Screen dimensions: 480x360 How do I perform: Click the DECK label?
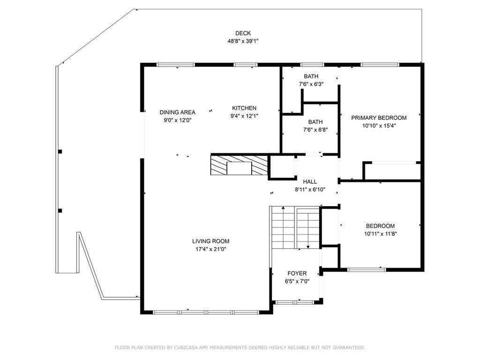(243, 33)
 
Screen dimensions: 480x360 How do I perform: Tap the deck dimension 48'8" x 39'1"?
(243, 41)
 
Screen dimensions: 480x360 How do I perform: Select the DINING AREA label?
(178, 112)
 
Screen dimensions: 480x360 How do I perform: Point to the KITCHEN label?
(244, 108)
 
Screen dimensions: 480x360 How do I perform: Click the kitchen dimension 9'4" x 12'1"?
(244, 116)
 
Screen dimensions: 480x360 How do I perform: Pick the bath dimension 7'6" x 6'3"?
(311, 84)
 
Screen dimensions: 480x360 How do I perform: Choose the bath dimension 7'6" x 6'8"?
(315, 129)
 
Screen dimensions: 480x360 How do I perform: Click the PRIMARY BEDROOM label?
(379, 118)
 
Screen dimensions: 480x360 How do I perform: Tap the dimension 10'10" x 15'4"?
(379, 126)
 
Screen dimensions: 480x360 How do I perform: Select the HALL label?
(310, 182)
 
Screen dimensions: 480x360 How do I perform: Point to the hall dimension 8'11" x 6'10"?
(310, 189)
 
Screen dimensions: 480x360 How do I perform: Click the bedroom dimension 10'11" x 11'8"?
(381, 234)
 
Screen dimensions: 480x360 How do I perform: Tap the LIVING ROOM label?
(210, 241)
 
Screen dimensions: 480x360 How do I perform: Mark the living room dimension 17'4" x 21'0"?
(210, 249)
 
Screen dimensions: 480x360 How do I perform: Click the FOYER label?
(297, 273)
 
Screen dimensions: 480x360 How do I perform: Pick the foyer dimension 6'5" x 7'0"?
(297, 281)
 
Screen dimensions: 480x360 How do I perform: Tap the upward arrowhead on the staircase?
(284, 208)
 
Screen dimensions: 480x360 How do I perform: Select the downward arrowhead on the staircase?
(308, 247)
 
